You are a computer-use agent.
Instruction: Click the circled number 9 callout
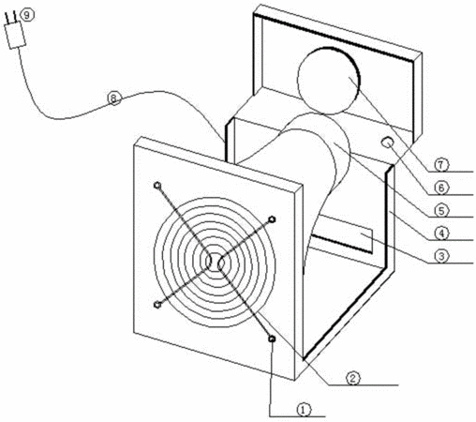click(x=27, y=15)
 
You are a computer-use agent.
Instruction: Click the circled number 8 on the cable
click(x=114, y=98)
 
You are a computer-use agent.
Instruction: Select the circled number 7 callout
click(x=441, y=164)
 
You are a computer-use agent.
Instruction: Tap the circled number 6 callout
click(x=441, y=188)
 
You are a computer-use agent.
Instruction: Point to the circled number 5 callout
click(x=441, y=210)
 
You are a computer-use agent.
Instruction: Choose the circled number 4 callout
click(x=441, y=234)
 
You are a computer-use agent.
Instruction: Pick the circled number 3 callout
click(x=441, y=256)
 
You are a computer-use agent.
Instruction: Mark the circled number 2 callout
click(x=353, y=378)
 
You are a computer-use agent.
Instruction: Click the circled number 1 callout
click(x=304, y=409)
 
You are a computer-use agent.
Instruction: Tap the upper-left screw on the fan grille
click(x=157, y=186)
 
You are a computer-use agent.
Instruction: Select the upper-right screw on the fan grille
click(x=273, y=219)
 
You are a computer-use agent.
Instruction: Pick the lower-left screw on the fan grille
click(x=158, y=304)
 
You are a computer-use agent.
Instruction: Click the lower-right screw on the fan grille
click(x=272, y=339)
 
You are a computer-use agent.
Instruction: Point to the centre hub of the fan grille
click(x=216, y=262)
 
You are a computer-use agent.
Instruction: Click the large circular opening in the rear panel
click(x=329, y=81)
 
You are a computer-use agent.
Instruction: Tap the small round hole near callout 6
click(x=388, y=143)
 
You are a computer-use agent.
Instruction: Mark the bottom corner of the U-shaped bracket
click(x=305, y=359)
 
